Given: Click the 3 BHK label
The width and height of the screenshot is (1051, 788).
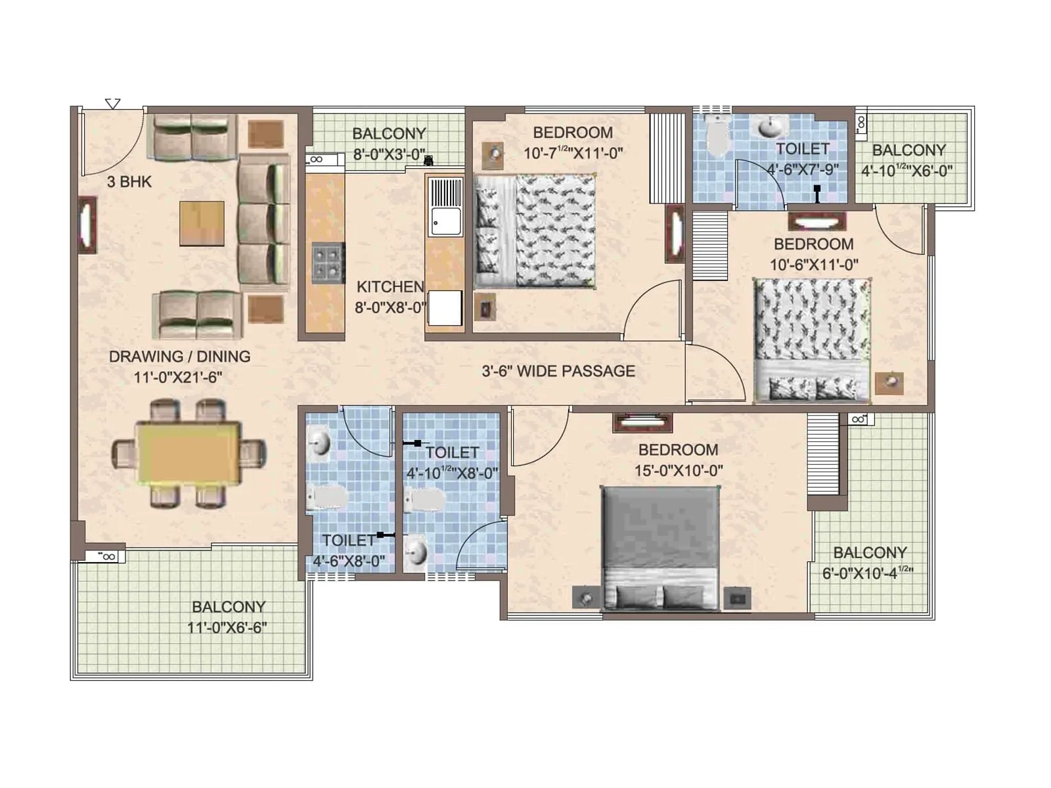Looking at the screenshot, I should [x=129, y=182].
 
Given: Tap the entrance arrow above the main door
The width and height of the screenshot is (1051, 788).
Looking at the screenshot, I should [x=113, y=104].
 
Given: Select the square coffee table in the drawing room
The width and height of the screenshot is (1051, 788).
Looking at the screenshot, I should [x=202, y=223].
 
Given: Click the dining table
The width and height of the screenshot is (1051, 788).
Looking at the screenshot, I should [x=189, y=454].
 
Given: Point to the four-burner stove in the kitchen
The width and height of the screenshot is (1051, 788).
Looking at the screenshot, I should [x=328, y=263].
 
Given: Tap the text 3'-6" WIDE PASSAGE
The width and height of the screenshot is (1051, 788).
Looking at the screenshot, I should [x=558, y=371].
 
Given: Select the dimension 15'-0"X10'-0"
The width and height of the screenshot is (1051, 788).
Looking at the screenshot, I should [x=678, y=471].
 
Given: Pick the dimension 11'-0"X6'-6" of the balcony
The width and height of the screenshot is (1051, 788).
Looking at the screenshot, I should [x=227, y=628].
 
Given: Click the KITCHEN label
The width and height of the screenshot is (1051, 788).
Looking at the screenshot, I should [x=390, y=287].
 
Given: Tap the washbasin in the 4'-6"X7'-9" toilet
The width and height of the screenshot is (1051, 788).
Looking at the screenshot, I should [x=772, y=126].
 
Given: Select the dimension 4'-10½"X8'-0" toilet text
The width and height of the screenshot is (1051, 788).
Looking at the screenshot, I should [x=452, y=473].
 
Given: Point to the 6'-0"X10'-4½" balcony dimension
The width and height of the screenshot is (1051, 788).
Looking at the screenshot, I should [x=868, y=573].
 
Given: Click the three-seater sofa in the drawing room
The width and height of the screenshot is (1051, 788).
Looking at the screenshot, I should [x=263, y=223].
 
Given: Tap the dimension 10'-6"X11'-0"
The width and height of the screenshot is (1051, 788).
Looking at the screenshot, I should [x=814, y=265].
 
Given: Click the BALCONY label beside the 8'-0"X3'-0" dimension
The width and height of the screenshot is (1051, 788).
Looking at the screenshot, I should [x=389, y=134].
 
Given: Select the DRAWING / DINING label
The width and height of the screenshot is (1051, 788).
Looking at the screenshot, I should [x=179, y=357].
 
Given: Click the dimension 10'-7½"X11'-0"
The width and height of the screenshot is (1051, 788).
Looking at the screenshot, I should [x=573, y=154].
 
